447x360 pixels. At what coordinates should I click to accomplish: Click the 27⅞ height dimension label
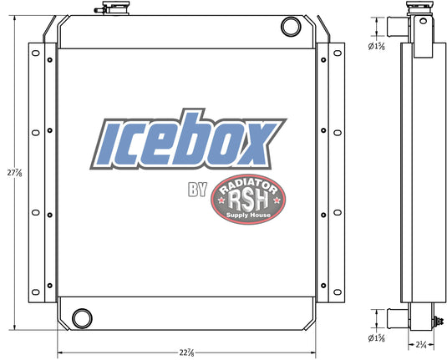point(14,172)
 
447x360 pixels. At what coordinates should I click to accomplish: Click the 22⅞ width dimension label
point(186,352)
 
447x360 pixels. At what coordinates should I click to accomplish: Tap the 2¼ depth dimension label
point(421,345)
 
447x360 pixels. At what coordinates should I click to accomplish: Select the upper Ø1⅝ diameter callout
point(376,46)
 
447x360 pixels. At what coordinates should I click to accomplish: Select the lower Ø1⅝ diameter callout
point(376,338)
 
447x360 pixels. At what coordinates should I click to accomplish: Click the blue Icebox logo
point(188,139)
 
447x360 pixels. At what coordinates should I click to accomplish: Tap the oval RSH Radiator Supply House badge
point(248,200)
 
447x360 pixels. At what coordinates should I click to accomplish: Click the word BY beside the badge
point(197,190)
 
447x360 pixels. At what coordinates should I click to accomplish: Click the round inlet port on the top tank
point(291,27)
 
